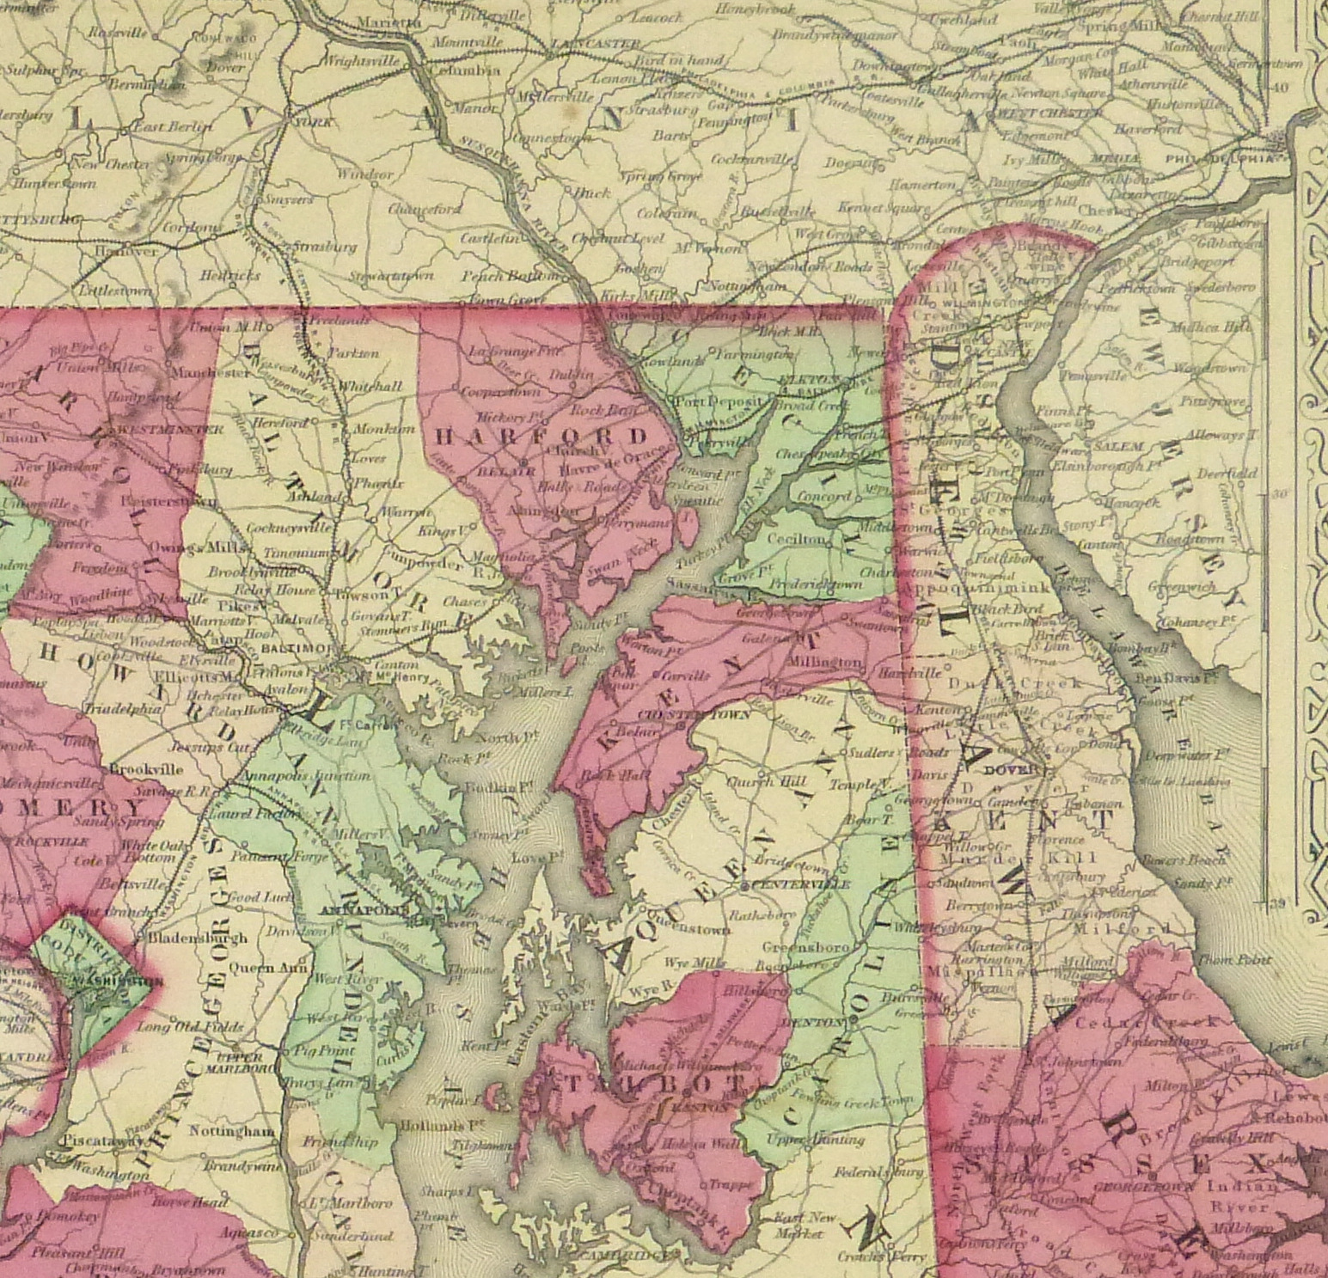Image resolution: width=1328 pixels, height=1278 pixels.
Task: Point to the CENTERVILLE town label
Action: [x=800, y=884]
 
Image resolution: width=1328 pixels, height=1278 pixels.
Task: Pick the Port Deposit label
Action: [x=718, y=401]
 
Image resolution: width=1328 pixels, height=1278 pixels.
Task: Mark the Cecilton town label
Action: [x=802, y=539]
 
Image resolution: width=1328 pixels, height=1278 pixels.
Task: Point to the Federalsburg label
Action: [x=878, y=1171]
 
